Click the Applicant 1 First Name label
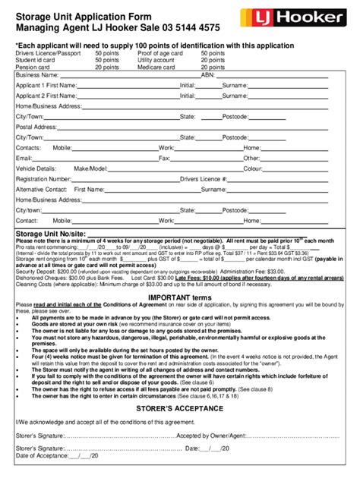pos(46,86)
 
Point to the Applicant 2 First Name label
pos(46,96)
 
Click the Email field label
pos(24,159)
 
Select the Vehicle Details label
pos(36,168)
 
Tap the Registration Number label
pos(43,179)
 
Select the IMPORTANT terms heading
pos(179,297)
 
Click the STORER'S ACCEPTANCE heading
pos(179,408)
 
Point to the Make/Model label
pos(90,168)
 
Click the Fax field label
pos(164,159)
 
